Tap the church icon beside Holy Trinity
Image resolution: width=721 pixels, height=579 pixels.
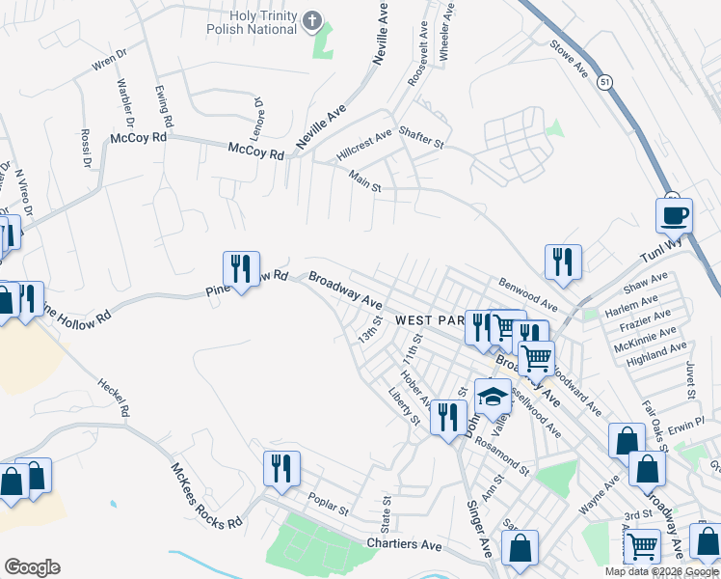coord(311,19)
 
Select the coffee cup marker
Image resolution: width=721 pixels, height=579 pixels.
coord(674,214)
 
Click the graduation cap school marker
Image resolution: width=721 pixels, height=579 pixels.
coord(493,395)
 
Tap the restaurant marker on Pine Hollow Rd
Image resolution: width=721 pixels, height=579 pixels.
coord(240,267)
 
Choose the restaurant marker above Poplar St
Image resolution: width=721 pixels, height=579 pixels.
coord(281,468)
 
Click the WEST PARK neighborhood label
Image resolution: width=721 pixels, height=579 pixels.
coord(430,319)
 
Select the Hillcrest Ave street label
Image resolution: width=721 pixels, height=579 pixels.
coord(364,144)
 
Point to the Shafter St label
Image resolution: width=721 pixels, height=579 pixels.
coord(420,138)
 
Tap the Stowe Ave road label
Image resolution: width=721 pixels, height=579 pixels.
coord(569,59)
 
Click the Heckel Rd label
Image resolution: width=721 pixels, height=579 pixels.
coord(113,397)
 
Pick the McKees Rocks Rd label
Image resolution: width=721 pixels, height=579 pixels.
coord(205,497)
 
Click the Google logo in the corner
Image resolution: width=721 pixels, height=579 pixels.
coord(32,567)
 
